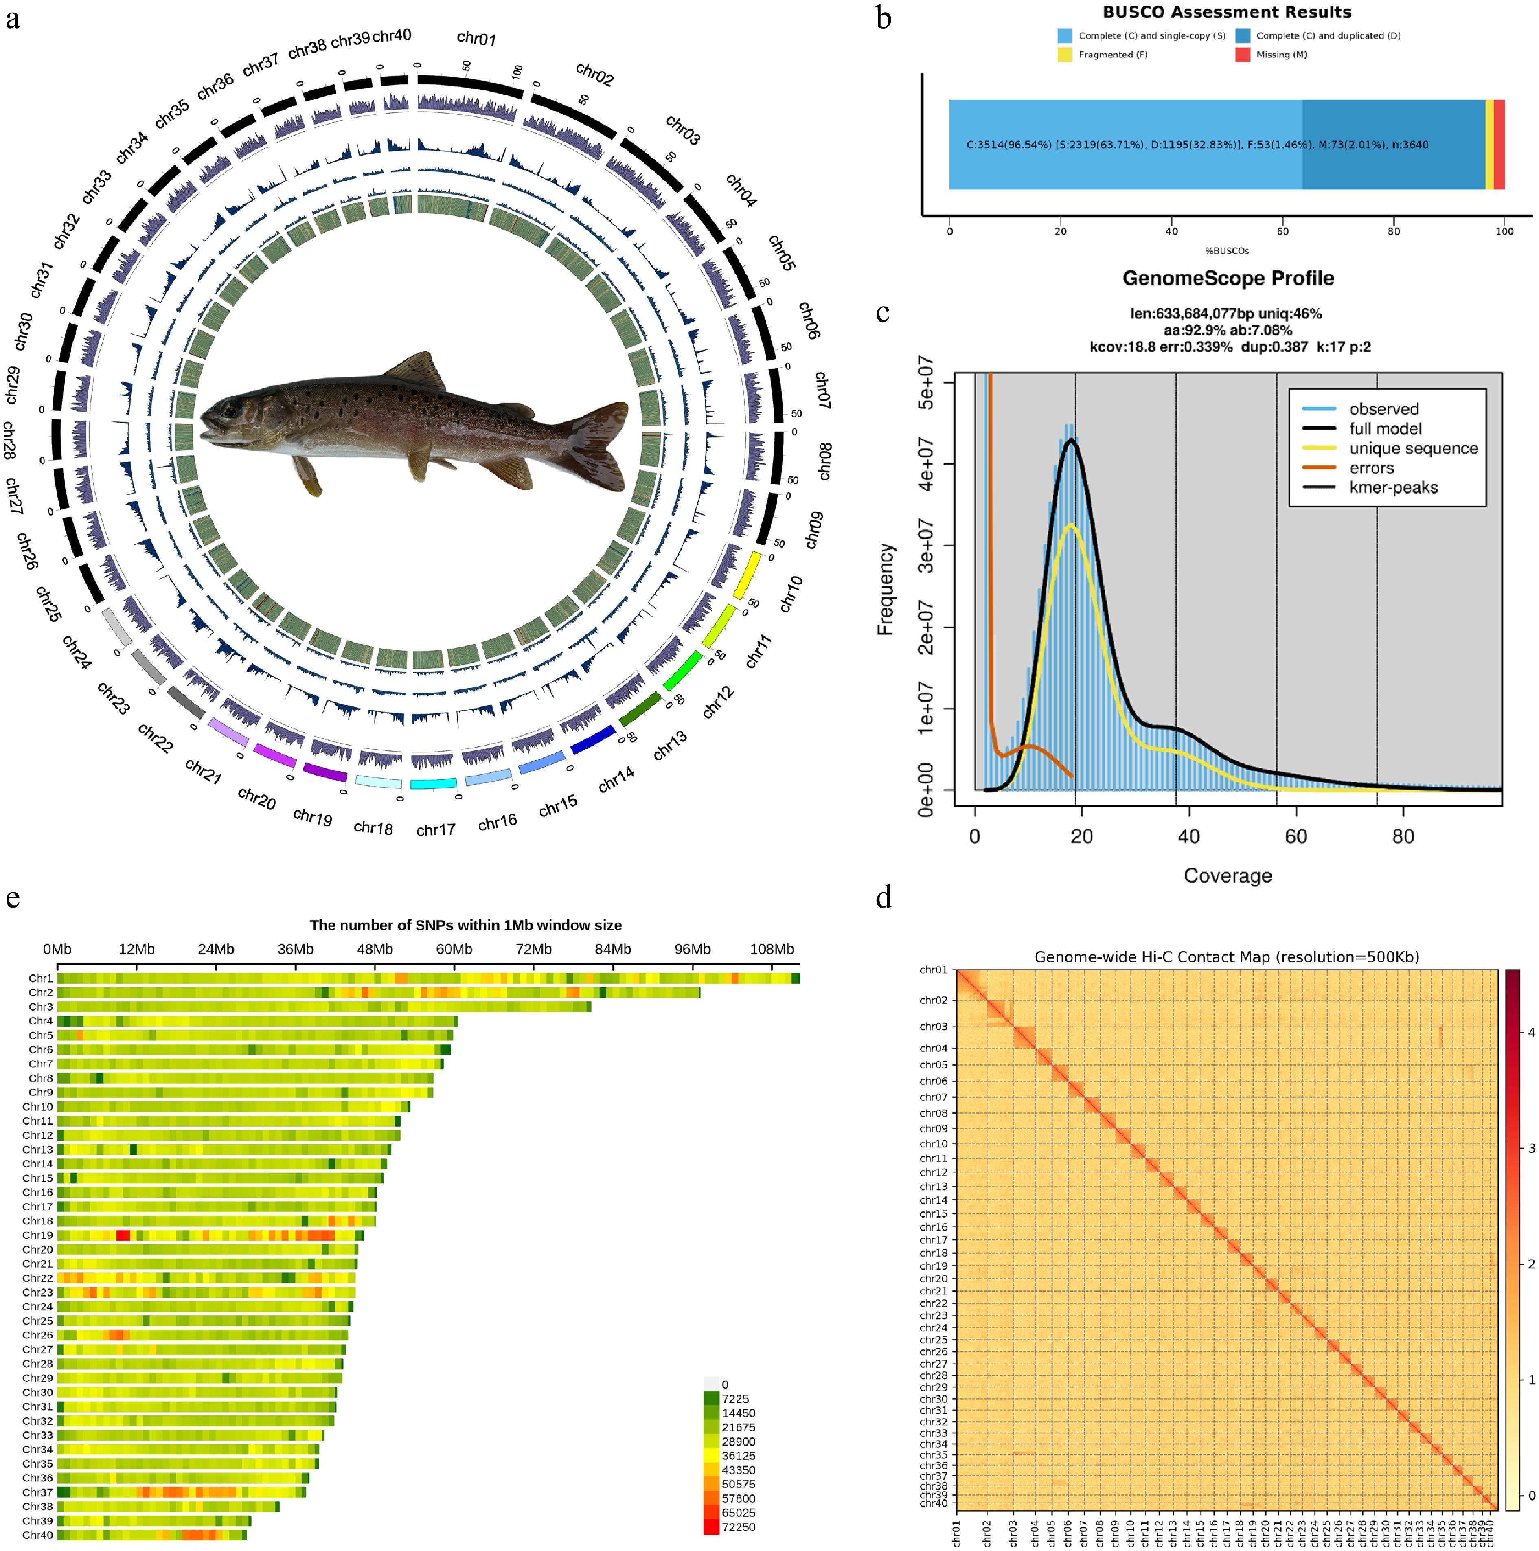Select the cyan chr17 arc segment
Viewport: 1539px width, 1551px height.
pos(434,783)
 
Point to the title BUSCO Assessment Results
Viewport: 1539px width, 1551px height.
pos(1227,12)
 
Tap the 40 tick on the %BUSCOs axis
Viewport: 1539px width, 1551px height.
pos(1171,231)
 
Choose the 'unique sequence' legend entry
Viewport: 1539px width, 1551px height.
pos(1413,448)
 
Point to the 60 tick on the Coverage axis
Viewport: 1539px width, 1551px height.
pos(1296,836)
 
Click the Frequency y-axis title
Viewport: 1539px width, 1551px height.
pos(886,589)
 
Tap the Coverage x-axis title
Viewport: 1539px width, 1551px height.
pos(1228,876)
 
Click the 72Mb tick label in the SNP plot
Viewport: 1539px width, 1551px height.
pos(533,949)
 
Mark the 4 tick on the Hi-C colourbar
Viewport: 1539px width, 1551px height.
pos(1531,1032)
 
